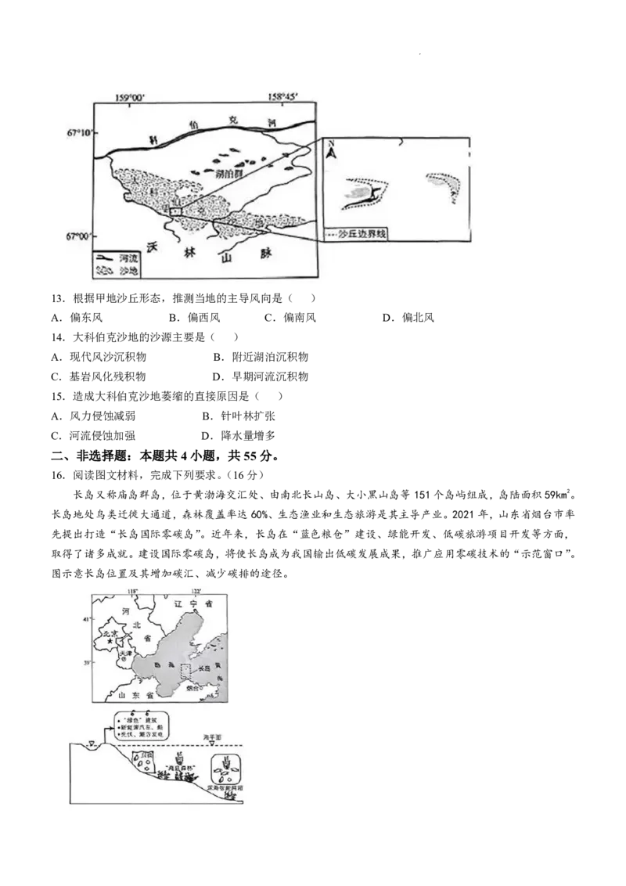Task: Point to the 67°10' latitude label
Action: pyautogui.click(x=79, y=133)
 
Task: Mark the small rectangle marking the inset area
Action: pyautogui.click(x=176, y=211)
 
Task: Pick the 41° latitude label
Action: pyautogui.click(x=86, y=619)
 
